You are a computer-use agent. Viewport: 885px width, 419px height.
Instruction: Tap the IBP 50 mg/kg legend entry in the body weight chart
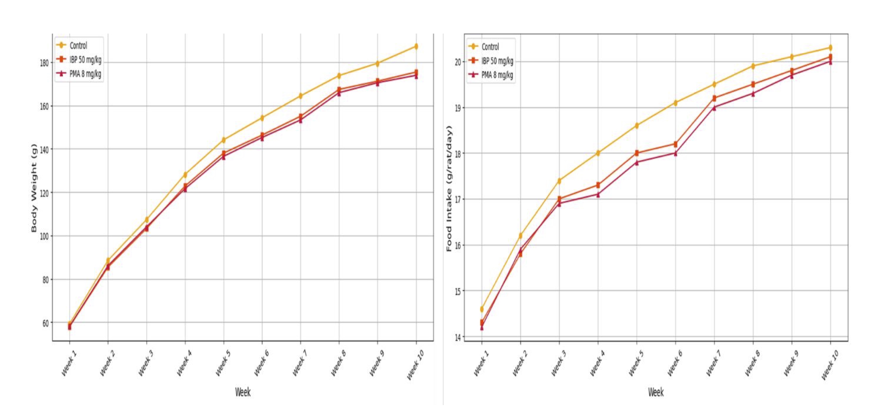pyautogui.click(x=85, y=60)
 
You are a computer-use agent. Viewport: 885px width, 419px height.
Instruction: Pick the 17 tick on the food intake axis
pyautogui.click(x=458, y=199)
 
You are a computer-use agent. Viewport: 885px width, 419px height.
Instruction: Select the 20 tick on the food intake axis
pyautogui.click(x=458, y=62)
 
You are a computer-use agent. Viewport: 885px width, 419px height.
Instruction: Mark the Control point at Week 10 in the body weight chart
pyautogui.click(x=416, y=46)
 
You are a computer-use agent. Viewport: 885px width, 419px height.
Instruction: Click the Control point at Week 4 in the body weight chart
pyautogui.click(x=185, y=175)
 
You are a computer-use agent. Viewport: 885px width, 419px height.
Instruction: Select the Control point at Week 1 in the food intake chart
pyautogui.click(x=482, y=309)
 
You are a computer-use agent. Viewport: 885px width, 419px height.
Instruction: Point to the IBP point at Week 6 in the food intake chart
pyautogui.click(x=676, y=144)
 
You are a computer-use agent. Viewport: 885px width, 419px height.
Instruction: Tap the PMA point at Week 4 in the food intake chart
pyautogui.click(x=598, y=195)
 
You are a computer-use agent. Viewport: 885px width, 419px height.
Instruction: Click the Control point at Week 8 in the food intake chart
pyautogui.click(x=753, y=66)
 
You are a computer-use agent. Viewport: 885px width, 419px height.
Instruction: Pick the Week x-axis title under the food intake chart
pyautogui.click(x=655, y=392)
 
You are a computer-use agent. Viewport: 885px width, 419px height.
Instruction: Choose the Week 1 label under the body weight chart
pyautogui.click(x=69, y=363)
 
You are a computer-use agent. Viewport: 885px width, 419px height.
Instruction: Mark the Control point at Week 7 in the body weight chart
pyautogui.click(x=301, y=96)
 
